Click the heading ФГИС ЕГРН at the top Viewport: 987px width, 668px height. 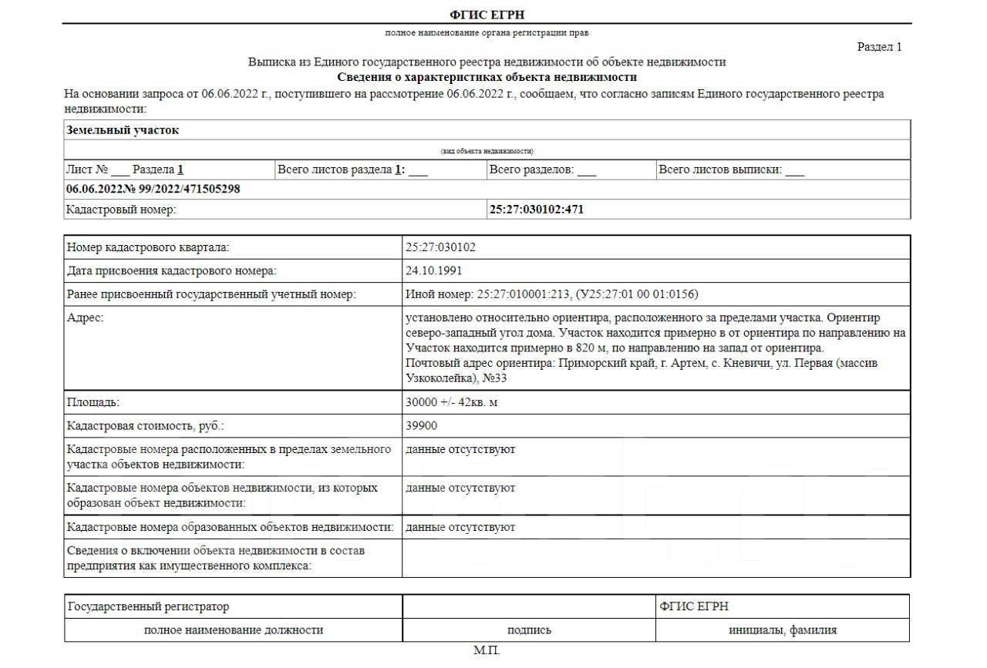pos(487,15)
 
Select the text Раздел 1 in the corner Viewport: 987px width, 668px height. pos(879,47)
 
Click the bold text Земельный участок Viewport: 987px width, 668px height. pos(123,130)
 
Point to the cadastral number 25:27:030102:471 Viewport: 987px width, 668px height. pos(537,209)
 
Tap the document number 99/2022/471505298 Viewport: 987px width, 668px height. pos(185,189)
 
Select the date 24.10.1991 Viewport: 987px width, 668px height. pos(434,270)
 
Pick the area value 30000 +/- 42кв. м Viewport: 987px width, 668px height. pos(452,402)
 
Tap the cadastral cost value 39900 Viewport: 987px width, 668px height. pos(421,425)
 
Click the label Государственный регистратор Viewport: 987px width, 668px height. pos(148,607)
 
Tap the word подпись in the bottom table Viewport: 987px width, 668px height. pos(529,630)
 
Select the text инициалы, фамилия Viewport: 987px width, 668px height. pos(783,630)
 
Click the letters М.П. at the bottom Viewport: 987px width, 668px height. pos(487,651)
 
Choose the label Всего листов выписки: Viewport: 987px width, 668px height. pos(719,170)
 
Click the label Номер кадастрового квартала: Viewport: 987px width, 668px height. pos(148,247)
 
